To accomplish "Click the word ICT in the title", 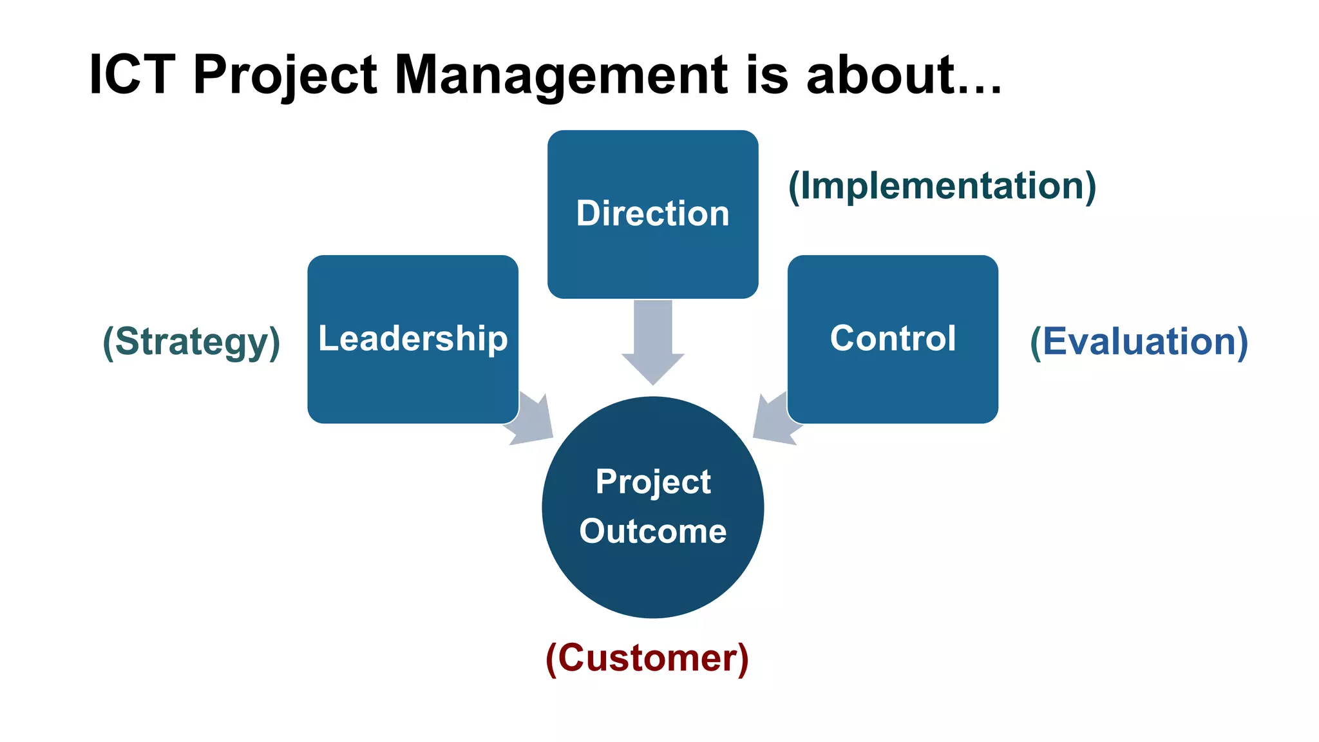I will [132, 75].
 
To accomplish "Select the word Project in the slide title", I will [285, 76].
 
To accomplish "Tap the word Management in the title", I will [560, 76].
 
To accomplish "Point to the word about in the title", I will [880, 75].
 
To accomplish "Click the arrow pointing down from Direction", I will [652, 341].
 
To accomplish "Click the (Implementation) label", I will [942, 186].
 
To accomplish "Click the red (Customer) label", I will [647, 658].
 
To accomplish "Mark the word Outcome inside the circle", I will [652, 531].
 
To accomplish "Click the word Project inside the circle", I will [652, 482].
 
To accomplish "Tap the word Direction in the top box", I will [652, 213].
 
